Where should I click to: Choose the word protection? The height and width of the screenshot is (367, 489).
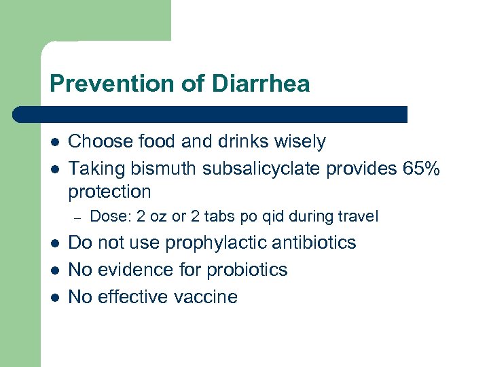tap(109, 192)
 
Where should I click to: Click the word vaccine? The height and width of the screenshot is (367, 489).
tap(203, 297)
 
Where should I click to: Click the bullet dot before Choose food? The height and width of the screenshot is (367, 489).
tap(55, 143)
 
